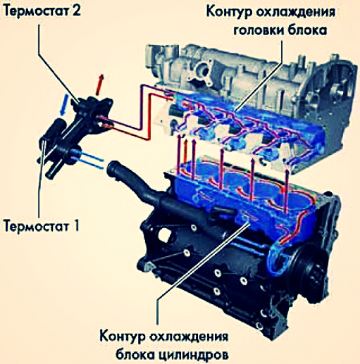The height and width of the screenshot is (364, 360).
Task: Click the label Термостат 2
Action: pyautogui.click(x=42, y=11)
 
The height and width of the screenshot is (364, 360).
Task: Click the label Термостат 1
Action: pyautogui.click(x=42, y=225)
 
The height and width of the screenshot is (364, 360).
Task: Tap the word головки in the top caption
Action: pyautogui.click(x=258, y=31)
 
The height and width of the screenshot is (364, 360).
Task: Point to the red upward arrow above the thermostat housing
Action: pyautogui.click(x=99, y=85)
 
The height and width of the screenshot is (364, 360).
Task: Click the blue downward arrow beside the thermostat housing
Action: pyautogui.click(x=64, y=105)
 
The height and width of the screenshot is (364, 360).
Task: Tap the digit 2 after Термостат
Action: pyautogui.click(x=76, y=11)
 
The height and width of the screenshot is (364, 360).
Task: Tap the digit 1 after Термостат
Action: pyautogui.click(x=75, y=225)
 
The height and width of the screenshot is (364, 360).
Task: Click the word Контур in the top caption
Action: pyautogui.click(x=228, y=12)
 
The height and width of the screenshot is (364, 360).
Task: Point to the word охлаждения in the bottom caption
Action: pyautogui.click(x=189, y=337)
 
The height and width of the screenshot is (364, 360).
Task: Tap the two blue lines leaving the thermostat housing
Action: pyautogui.click(x=92, y=161)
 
